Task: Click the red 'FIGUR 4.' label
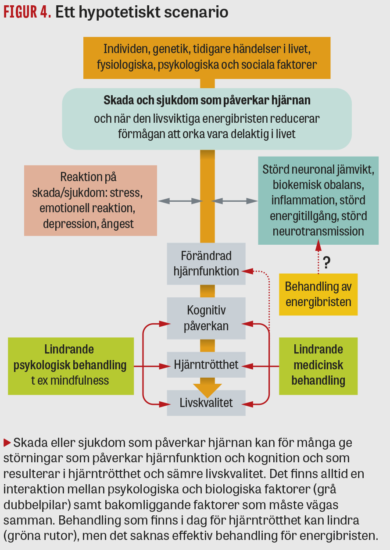[27, 12]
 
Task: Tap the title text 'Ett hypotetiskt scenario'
[142, 12]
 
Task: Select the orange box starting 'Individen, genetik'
[207, 57]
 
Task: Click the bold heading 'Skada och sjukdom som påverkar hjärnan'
[207, 100]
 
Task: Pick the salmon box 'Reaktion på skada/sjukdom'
[90, 200]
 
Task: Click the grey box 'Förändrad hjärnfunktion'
[206, 264]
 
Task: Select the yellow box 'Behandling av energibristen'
[318, 294]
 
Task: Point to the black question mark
[326, 263]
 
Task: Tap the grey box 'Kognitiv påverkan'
[206, 318]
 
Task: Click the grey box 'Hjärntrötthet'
[206, 364]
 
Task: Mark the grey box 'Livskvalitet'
[206, 402]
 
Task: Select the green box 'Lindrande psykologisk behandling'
[71, 365]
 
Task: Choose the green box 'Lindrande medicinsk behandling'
[318, 365]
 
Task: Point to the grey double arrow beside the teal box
[235, 201]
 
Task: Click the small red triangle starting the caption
[7, 442]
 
